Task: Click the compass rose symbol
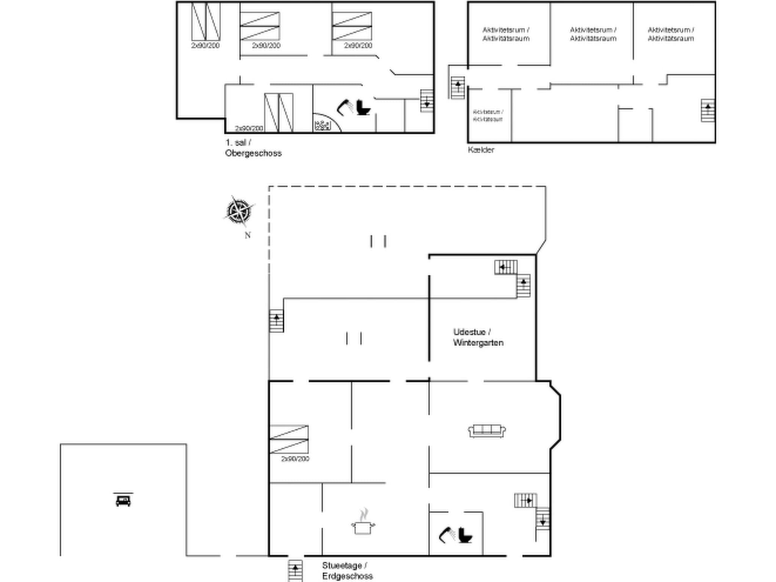coord(239,211)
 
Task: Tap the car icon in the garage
coord(123,500)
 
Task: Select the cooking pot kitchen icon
coord(363,524)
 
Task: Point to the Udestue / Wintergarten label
coord(478,337)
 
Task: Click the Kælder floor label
coord(481,150)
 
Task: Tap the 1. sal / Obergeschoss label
coord(253,148)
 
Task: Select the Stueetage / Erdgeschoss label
coord(347,571)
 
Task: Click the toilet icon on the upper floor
coord(363,108)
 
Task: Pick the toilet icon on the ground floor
coord(465,535)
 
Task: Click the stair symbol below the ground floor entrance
coord(295,570)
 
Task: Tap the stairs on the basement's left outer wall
coord(458,88)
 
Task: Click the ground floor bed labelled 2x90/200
coord(289,440)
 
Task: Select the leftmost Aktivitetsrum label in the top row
coord(505,34)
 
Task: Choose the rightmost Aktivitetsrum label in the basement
coord(671,34)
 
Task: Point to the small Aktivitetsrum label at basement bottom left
coord(488,115)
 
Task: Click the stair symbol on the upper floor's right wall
coord(427,101)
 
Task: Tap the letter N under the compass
coord(247,235)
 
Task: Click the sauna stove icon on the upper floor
coord(322,125)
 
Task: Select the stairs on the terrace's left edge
coord(276,321)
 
